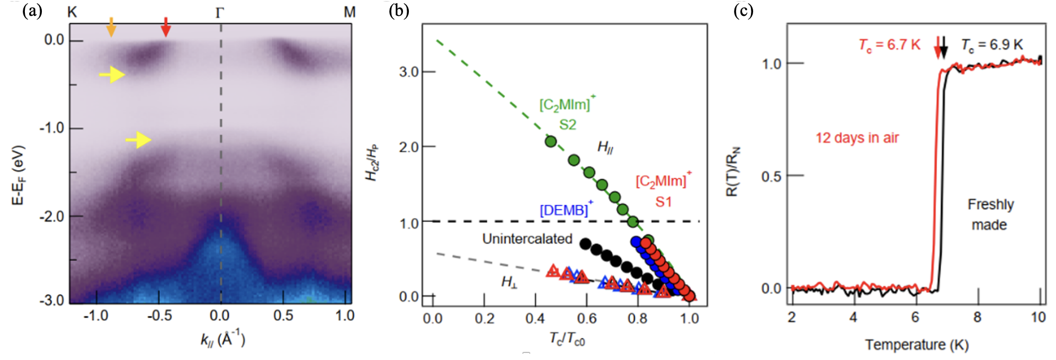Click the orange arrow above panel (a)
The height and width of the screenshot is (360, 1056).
111,27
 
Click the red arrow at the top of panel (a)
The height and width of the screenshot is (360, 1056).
166,27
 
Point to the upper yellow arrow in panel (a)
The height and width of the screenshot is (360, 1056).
112,75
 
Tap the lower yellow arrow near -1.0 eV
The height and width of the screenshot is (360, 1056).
138,140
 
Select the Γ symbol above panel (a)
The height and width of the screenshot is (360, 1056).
220,13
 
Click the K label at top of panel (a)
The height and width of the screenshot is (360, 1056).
73,12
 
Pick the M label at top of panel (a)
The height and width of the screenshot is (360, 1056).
350,12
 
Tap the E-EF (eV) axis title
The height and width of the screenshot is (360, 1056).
18,175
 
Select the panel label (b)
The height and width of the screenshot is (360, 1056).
399,11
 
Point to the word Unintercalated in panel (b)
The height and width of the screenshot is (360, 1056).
527,239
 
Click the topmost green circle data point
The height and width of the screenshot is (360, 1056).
551,141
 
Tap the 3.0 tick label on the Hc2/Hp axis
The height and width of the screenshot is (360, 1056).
409,71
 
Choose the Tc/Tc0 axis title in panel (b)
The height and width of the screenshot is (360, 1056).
567,339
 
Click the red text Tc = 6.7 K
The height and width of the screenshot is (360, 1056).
890,45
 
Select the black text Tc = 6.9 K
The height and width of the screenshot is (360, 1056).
992,45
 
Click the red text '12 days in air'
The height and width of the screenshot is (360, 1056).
857,138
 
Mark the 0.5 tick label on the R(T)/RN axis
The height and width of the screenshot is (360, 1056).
771,176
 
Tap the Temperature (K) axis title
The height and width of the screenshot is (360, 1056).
917,345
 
